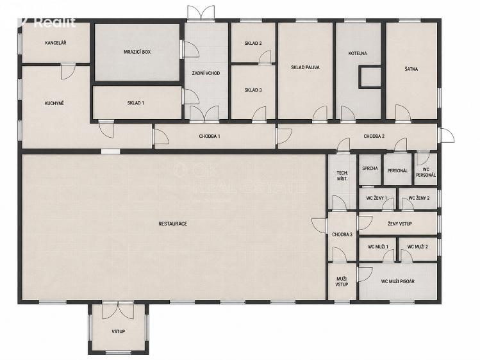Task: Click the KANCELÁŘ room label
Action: [x=56, y=43]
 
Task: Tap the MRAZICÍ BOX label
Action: [x=137, y=52]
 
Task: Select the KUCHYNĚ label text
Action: [x=54, y=103]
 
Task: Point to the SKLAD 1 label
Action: [x=136, y=103]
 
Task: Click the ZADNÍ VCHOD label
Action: [x=206, y=73]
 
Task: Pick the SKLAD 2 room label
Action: [x=253, y=44]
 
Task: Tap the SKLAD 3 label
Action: [x=253, y=90]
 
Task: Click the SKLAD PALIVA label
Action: [x=305, y=67]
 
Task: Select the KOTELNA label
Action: [x=358, y=54]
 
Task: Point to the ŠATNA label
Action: [x=411, y=69]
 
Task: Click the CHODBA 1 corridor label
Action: [x=210, y=136]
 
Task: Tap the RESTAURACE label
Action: [x=172, y=224]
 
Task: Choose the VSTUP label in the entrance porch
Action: [x=118, y=331]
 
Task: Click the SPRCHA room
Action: [x=370, y=170]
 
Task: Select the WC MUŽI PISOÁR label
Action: [x=398, y=281]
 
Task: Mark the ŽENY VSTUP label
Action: [x=399, y=224]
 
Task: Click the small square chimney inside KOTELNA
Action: [x=370, y=77]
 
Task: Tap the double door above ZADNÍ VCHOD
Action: [x=201, y=13]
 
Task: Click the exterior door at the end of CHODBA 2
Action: [x=447, y=135]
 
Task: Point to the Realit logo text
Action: [x=55, y=22]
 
